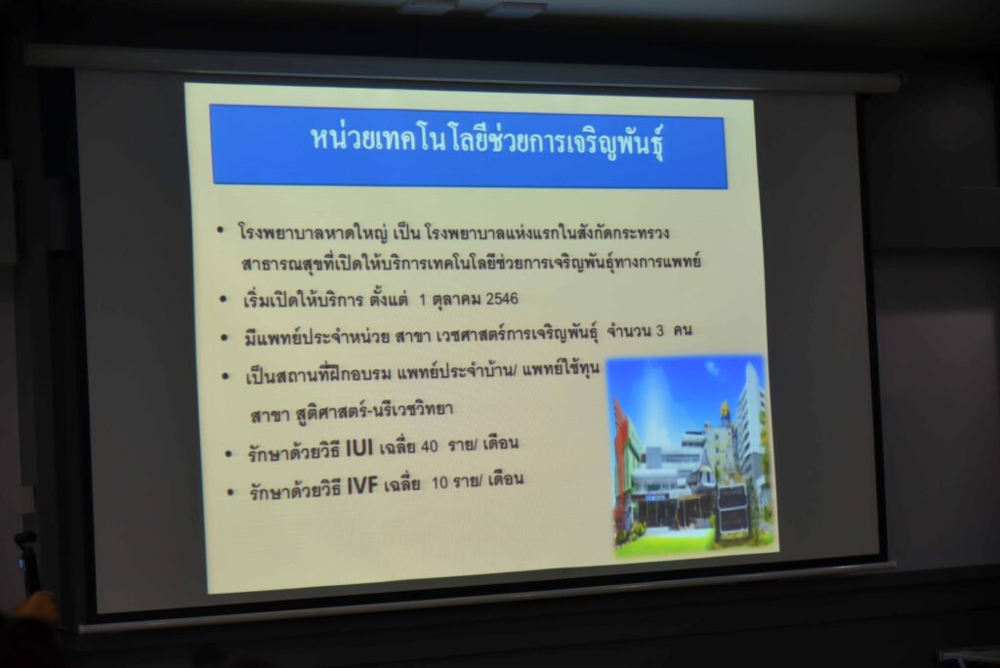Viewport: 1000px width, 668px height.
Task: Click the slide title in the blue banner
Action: coord(488,141)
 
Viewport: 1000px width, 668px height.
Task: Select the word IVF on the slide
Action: coord(362,486)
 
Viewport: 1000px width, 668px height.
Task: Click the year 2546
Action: coord(502,299)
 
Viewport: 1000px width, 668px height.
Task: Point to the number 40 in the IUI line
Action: coord(430,446)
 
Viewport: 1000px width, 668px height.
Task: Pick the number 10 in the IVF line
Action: coord(440,482)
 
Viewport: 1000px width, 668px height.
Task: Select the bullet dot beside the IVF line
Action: coord(230,493)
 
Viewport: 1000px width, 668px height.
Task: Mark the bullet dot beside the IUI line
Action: coord(229,454)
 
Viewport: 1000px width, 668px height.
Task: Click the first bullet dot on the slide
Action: coord(220,230)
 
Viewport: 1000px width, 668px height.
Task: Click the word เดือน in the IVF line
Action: coord(505,479)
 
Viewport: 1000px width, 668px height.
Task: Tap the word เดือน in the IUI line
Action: coord(501,442)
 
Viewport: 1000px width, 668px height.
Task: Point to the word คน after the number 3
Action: coord(682,330)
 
